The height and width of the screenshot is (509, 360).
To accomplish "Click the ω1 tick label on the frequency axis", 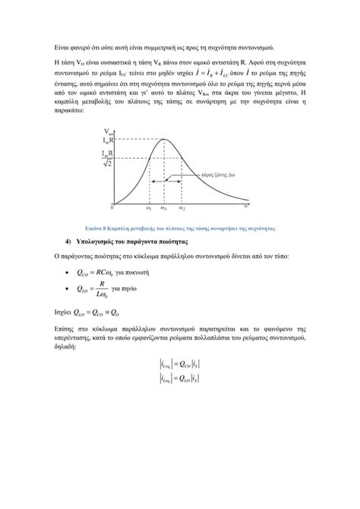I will click(148, 207).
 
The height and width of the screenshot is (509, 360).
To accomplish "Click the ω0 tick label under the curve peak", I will click(165, 207).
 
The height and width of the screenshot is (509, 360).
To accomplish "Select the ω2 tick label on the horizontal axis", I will click(182, 207).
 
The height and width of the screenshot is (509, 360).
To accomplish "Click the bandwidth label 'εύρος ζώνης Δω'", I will click(218, 174).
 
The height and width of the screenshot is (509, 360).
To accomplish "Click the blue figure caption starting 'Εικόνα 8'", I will click(179, 227).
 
